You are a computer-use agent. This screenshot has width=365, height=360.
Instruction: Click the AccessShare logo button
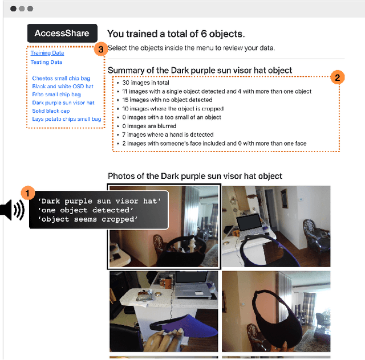(x=62, y=33)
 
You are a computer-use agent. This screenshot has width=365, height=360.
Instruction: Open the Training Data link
(x=47, y=53)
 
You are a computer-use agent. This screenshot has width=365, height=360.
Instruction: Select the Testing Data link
(x=46, y=62)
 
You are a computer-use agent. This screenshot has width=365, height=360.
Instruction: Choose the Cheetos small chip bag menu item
(x=61, y=78)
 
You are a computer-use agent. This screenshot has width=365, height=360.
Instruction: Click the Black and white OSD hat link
(x=63, y=86)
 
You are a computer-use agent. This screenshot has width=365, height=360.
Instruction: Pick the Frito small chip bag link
(x=56, y=95)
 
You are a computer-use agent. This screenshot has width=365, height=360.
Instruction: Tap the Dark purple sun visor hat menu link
(x=63, y=103)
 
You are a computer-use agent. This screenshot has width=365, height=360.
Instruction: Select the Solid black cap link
(x=51, y=111)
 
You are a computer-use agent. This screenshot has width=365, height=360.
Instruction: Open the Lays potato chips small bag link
(x=67, y=119)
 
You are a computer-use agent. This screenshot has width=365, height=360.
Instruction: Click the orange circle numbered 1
(x=28, y=193)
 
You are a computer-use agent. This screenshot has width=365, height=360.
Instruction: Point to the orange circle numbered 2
(x=337, y=77)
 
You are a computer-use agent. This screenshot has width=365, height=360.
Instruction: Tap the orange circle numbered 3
(x=101, y=49)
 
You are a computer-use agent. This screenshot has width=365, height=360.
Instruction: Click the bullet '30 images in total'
(x=146, y=83)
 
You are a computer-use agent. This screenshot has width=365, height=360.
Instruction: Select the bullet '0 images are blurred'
(x=149, y=126)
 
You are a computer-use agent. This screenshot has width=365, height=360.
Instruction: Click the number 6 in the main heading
(x=204, y=34)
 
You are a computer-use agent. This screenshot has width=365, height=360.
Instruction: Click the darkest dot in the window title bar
(x=13, y=9)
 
